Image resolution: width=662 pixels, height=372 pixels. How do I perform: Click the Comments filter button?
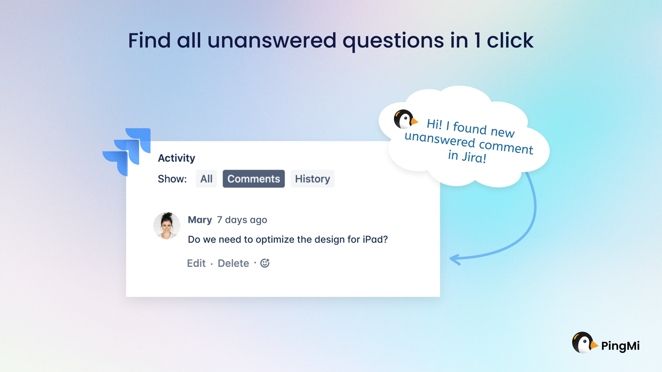coord(254,179)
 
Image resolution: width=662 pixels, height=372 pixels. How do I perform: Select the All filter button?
coord(206,179)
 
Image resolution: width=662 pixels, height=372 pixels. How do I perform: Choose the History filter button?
coord(312,179)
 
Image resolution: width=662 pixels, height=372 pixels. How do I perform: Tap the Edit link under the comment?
coord(196,263)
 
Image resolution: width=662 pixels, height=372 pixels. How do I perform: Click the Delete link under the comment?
coord(233,263)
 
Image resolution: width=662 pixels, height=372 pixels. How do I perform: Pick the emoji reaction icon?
coord(265,263)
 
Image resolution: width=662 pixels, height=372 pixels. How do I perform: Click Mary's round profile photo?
coord(167,226)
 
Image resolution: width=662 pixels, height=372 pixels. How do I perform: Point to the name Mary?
coord(200,219)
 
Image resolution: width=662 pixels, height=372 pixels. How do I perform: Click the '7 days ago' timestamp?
coord(242,220)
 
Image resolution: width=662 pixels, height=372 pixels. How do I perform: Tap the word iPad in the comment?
coord(375,239)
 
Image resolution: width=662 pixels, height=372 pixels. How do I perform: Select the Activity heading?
coord(176,158)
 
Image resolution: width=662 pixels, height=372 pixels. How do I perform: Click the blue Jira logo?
coord(127,152)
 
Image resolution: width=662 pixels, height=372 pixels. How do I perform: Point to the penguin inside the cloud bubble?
coord(405,119)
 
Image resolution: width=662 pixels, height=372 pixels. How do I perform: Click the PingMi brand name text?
coord(620,346)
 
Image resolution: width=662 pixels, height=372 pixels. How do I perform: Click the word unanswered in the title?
coord(271,41)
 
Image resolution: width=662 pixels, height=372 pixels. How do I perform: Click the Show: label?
coord(172,179)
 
